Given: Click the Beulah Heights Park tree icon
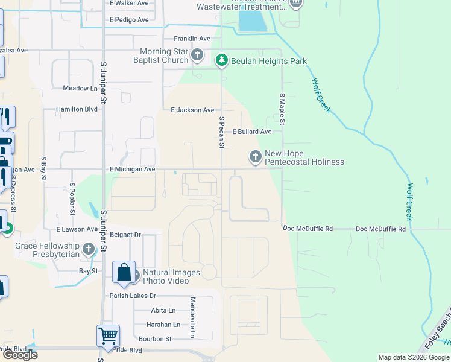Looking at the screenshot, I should tap(222, 60).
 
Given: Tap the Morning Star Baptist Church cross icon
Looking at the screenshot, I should tap(197, 56).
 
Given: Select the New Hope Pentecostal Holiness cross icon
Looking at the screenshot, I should tap(256, 157).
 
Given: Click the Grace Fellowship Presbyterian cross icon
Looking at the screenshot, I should tap(89, 249).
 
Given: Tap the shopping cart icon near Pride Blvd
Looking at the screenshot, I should tap(108, 335).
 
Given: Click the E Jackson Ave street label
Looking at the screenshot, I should tap(192, 110).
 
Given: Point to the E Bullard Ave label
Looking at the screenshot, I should tap(252, 132).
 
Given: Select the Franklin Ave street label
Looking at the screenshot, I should tap(192, 39).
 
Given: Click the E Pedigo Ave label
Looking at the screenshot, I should tap(129, 20).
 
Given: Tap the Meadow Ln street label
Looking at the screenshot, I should tap(80, 88).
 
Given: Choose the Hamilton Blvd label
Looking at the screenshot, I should tap(77, 109).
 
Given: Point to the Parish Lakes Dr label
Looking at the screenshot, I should tap(133, 296).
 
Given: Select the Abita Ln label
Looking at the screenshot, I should tap(163, 310).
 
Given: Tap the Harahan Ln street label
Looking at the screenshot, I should tap(163, 325).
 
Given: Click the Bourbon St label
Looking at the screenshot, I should tap(156, 339).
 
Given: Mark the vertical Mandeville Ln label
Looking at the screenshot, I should tap(193, 317).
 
